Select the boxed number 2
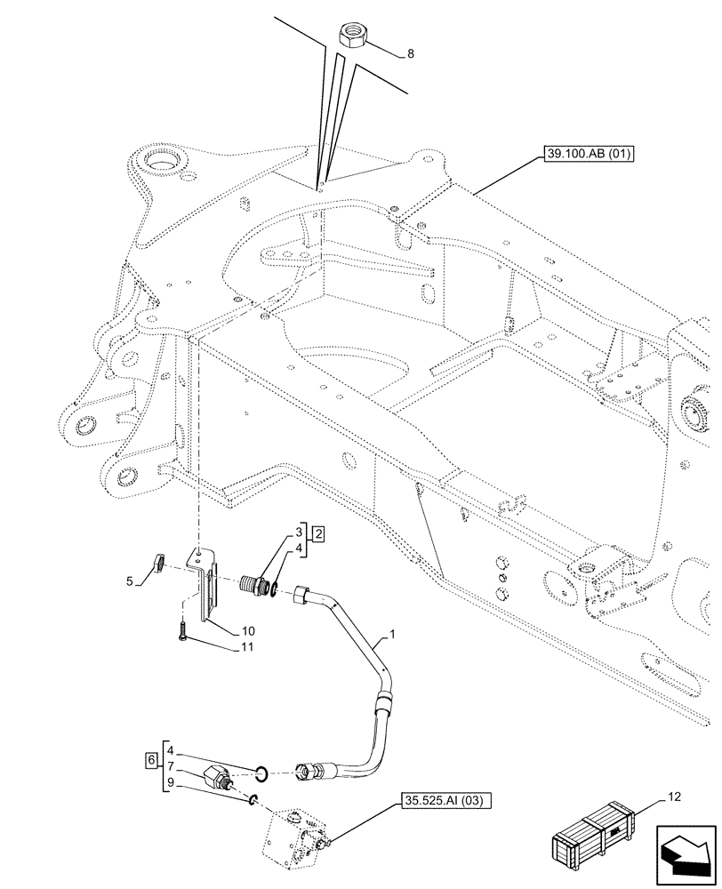point(318,534)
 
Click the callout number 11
point(246,647)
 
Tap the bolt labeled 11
point(181,630)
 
